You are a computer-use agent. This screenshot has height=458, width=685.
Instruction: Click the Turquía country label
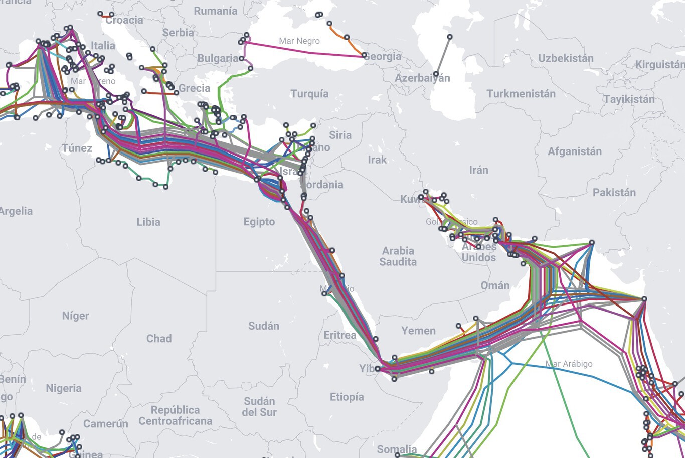pyautogui.click(x=309, y=94)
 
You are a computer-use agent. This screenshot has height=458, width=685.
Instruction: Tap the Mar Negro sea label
pyautogui.click(x=299, y=41)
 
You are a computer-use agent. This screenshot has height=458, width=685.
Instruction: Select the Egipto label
pyautogui.click(x=259, y=222)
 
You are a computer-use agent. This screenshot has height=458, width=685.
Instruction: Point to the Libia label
pyautogui.click(x=148, y=222)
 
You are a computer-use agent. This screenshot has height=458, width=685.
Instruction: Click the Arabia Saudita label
pyautogui.click(x=398, y=256)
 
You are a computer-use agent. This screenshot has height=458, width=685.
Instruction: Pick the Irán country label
pyautogui.click(x=478, y=170)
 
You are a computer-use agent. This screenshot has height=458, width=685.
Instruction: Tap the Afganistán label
pyautogui.click(x=574, y=151)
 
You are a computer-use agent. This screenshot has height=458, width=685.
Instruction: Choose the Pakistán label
pyautogui.click(x=614, y=193)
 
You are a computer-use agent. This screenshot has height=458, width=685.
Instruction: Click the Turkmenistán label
pyautogui.click(x=521, y=94)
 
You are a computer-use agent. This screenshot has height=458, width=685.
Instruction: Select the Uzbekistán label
pyautogui.click(x=566, y=58)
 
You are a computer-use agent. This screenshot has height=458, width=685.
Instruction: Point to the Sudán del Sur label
pyautogui.click(x=259, y=407)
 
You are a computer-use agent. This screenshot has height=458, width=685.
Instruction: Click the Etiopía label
pyautogui.click(x=347, y=397)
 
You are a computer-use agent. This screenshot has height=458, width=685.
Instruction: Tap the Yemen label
pyautogui.click(x=418, y=331)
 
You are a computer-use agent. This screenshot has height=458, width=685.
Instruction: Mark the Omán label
pyautogui.click(x=495, y=285)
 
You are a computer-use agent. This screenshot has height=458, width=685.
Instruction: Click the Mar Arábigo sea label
pyautogui.click(x=569, y=364)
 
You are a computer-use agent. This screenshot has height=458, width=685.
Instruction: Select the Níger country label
pyautogui.click(x=76, y=316)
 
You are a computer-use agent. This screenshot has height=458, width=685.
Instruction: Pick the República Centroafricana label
pyautogui.click(x=175, y=415)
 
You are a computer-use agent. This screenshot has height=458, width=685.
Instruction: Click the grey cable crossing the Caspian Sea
pyautogui.click(x=443, y=55)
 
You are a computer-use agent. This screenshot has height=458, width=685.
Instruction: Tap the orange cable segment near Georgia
pyautogui.click(x=355, y=46)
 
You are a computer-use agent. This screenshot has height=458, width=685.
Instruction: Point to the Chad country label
pyautogui.click(x=159, y=339)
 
